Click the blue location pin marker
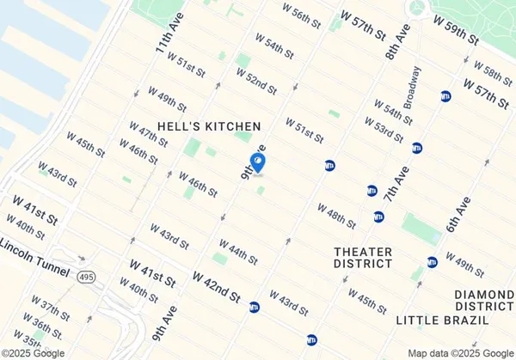pos(257,162)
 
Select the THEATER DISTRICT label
pos(363,258)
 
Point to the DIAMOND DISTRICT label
pos(484,300)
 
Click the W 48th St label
pos(336,217)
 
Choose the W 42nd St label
pos(217,287)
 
